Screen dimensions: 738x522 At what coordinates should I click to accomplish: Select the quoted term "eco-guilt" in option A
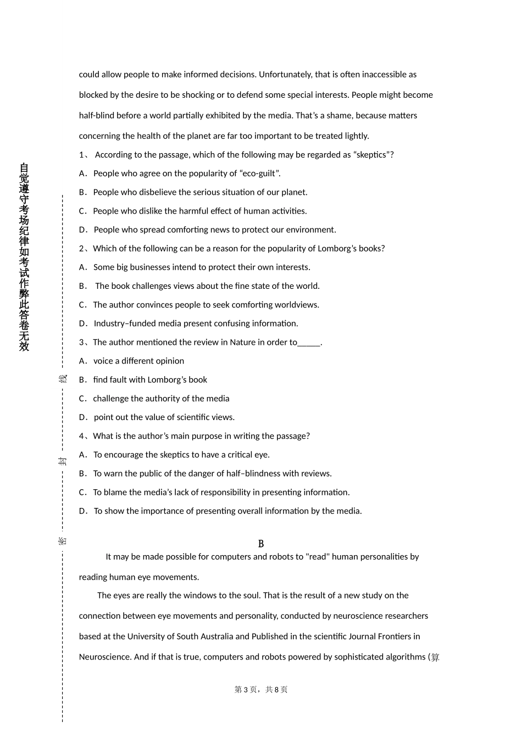259,174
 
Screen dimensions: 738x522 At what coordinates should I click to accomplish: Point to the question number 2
81,249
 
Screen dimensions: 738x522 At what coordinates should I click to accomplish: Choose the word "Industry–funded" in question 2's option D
124,323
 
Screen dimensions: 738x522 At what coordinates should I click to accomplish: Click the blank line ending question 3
309,343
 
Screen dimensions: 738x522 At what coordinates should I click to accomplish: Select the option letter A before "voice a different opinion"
82,361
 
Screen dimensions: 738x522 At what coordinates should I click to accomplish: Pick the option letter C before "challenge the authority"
82,399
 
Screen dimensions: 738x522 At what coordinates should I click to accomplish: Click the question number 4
81,436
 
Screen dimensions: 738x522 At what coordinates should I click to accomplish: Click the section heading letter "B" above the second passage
261,544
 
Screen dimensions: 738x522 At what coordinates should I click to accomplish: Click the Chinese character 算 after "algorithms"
435,657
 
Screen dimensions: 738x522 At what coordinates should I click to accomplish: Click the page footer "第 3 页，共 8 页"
261,690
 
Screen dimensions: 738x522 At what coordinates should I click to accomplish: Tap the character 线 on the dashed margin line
63,379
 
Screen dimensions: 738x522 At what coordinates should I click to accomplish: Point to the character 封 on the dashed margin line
63,461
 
